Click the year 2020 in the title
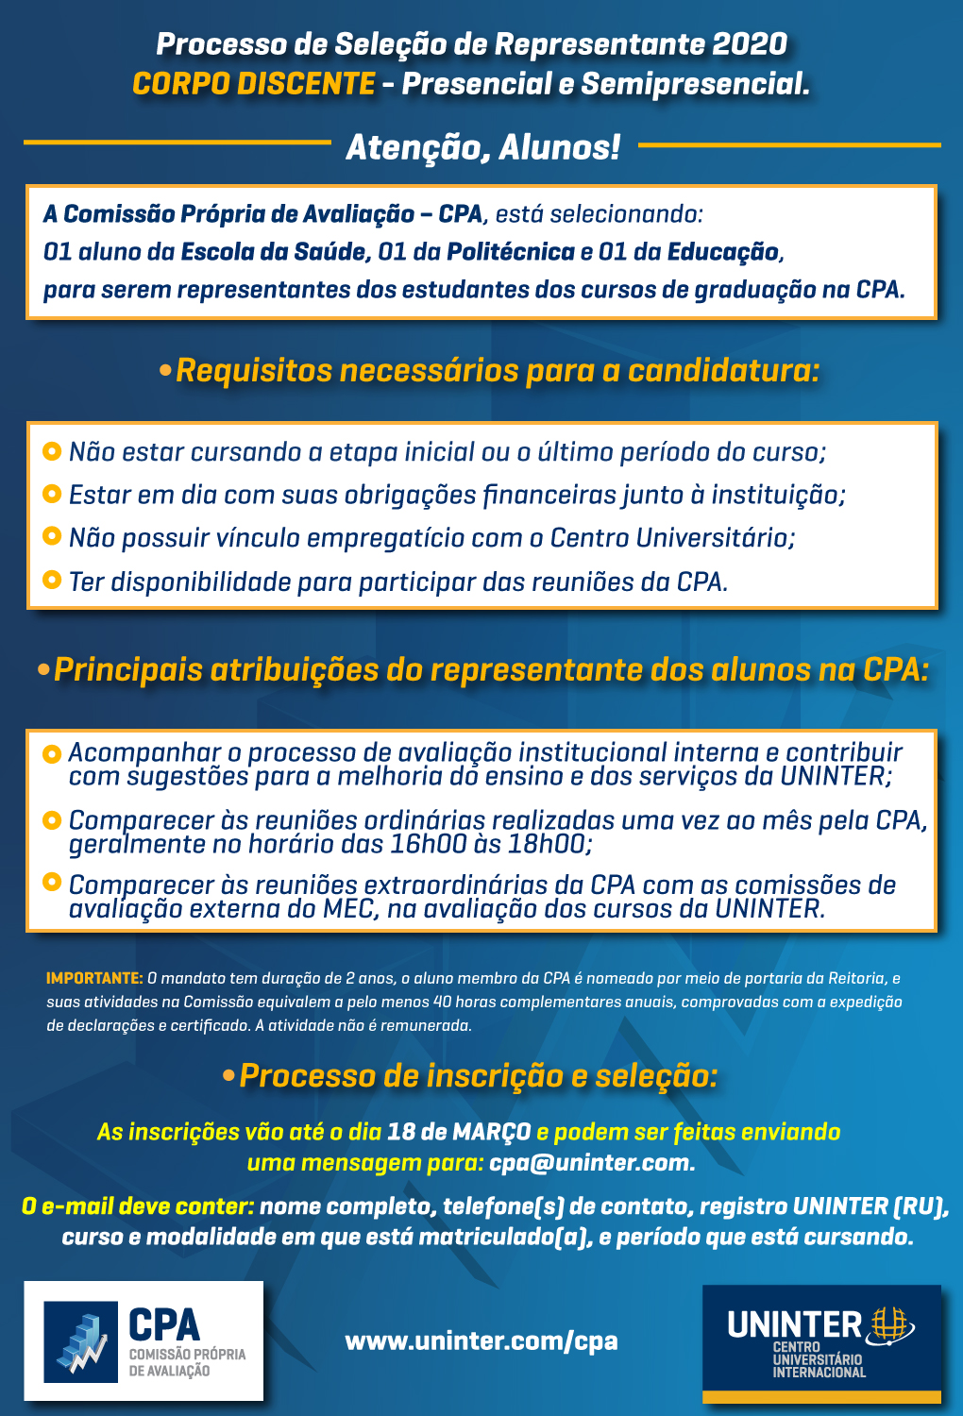(x=750, y=44)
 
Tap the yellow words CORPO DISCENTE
(x=254, y=84)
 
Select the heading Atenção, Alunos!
(x=483, y=147)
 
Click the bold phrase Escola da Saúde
(x=274, y=252)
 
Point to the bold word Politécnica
(x=511, y=252)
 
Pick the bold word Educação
(x=723, y=252)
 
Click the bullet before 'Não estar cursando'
(x=53, y=450)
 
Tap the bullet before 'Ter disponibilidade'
(x=53, y=580)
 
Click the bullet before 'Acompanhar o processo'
(x=53, y=752)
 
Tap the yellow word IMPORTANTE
(x=94, y=978)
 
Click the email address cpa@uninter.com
(x=592, y=1163)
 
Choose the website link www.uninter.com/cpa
(x=481, y=1340)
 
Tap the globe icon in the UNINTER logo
(x=889, y=1323)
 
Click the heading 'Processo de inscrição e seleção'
(x=478, y=1076)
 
